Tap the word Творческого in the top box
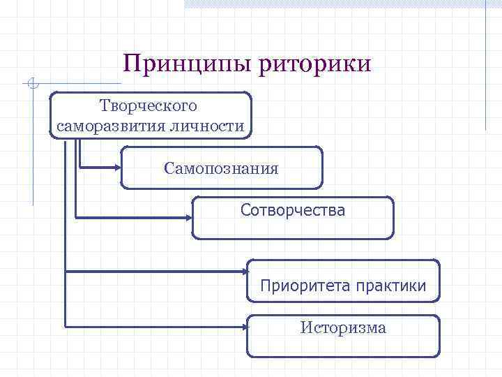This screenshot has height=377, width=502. click(149, 106)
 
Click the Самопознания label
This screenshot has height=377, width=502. click(222, 168)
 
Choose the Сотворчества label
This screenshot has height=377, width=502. click(293, 209)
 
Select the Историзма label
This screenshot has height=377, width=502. click(343, 327)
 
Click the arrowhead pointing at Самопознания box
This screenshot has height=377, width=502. click(116, 168)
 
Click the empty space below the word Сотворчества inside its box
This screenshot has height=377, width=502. click(293, 228)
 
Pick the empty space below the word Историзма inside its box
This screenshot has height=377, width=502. click(343, 346)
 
